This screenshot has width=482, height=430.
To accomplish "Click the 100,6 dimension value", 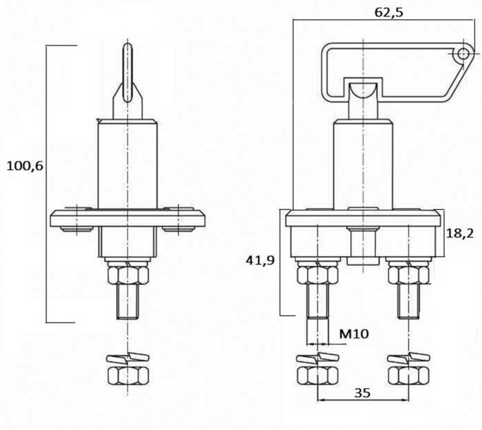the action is [x=25, y=166].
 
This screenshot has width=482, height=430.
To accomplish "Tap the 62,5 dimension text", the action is [x=388, y=12].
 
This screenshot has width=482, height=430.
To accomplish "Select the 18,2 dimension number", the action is [x=459, y=234].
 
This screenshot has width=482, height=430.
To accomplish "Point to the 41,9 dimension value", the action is [x=260, y=261].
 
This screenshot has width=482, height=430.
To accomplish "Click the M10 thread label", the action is [x=353, y=334].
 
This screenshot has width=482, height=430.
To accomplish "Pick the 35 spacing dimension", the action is [x=362, y=393].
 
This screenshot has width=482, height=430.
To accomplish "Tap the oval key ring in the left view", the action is [x=127, y=73].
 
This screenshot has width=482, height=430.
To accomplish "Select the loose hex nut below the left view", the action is [x=128, y=375].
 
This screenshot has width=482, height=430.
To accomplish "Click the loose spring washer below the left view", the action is [x=127, y=357].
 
